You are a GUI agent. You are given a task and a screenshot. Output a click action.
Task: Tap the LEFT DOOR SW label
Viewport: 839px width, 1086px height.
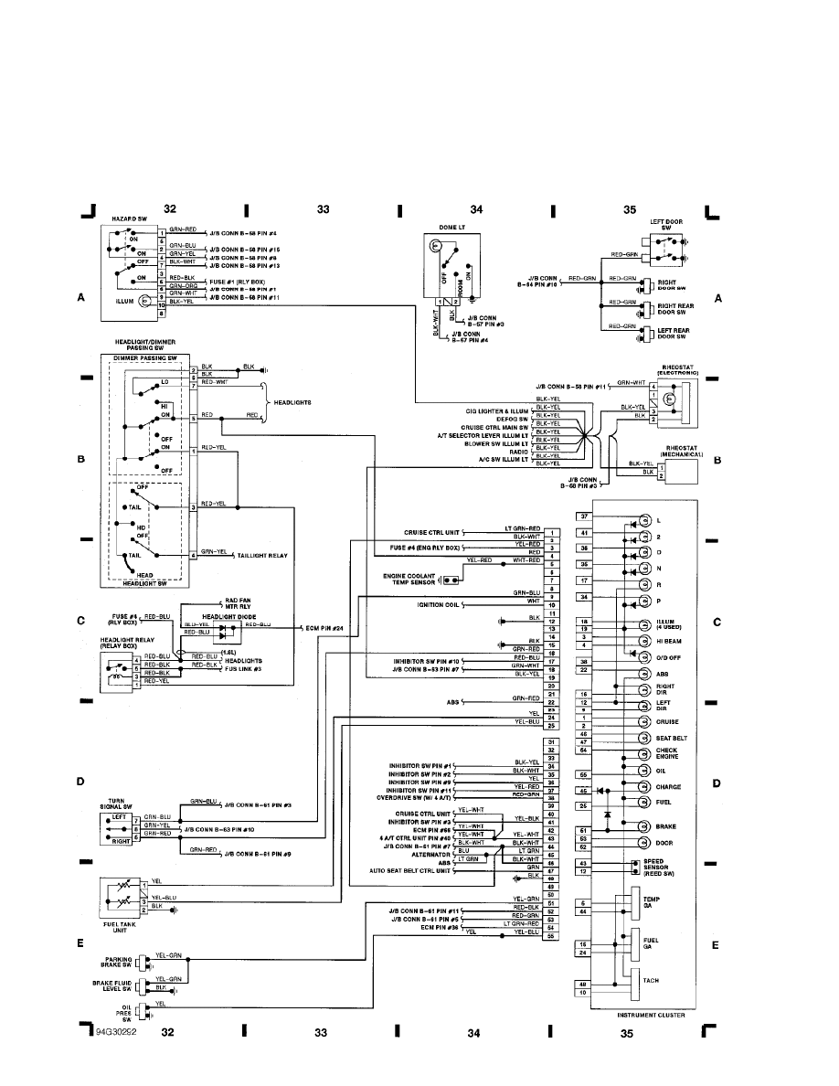(666, 224)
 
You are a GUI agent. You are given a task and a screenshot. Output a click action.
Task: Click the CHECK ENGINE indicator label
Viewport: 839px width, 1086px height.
(667, 754)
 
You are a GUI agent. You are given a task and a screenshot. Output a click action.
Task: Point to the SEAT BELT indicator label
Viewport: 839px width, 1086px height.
(671, 739)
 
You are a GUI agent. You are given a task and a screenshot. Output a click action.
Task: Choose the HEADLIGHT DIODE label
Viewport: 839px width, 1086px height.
(221, 616)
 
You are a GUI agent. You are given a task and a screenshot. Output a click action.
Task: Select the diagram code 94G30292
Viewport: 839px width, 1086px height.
(115, 1032)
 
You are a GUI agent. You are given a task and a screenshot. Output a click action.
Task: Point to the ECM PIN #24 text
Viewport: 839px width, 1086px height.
(324, 629)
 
